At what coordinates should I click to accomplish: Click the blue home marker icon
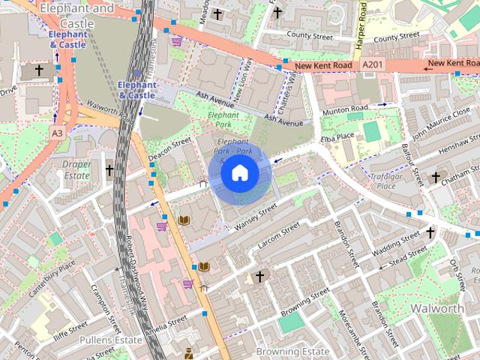pos(240,173)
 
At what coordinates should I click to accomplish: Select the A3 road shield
pos(57,132)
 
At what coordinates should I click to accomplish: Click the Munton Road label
pos(346,109)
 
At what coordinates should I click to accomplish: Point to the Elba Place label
pos(336,136)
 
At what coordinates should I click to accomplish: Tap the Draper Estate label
pos(76,169)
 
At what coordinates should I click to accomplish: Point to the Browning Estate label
pos(292,351)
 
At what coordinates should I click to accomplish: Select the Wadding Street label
pos(397,242)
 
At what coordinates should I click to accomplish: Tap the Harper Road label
pos(361,26)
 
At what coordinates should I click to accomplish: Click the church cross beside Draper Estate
pos(109,170)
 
